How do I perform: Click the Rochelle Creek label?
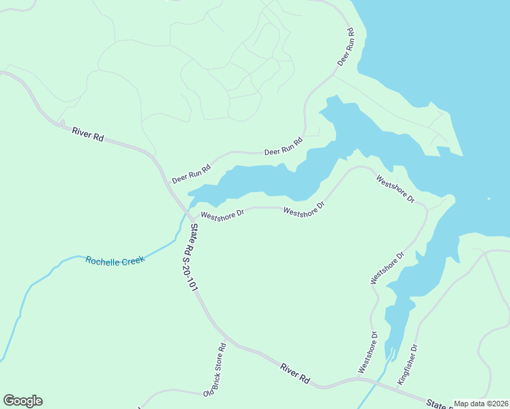[x=115, y=260]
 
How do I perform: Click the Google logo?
[x=22, y=401]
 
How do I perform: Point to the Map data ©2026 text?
[x=480, y=404]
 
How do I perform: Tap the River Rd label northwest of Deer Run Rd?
[x=87, y=134]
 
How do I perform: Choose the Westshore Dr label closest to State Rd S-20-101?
[x=222, y=216]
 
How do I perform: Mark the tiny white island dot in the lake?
[x=489, y=199]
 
